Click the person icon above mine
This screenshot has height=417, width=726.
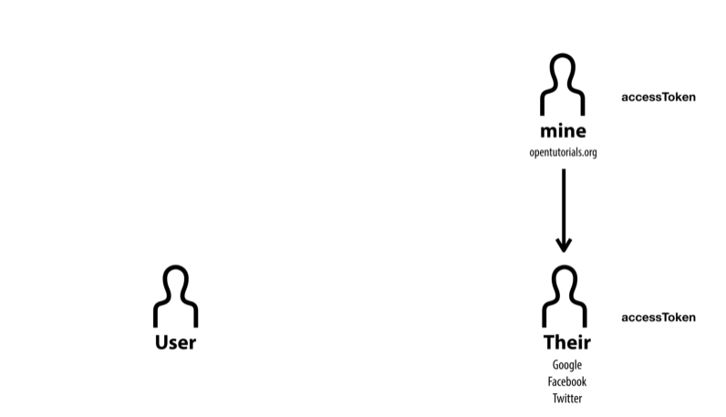pyautogui.click(x=563, y=84)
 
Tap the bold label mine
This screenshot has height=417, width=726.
pyautogui.click(x=563, y=131)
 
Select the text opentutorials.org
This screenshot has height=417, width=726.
pyautogui.click(x=563, y=152)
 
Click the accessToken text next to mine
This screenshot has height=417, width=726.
pyautogui.click(x=658, y=97)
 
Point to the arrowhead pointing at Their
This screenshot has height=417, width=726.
pyautogui.click(x=564, y=244)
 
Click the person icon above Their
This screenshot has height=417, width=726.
pyautogui.click(x=565, y=297)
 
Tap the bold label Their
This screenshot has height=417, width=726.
pyautogui.click(x=567, y=343)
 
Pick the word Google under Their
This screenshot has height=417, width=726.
pyautogui.click(x=566, y=365)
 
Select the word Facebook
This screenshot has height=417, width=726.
pyautogui.click(x=566, y=381)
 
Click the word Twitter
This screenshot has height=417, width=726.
pyautogui.click(x=566, y=398)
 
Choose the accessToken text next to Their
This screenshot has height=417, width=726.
pyautogui.click(x=658, y=318)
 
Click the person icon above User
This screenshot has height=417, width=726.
pyautogui.click(x=176, y=297)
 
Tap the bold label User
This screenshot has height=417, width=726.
pyautogui.click(x=176, y=343)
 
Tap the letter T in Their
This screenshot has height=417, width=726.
pyautogui.click(x=549, y=343)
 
